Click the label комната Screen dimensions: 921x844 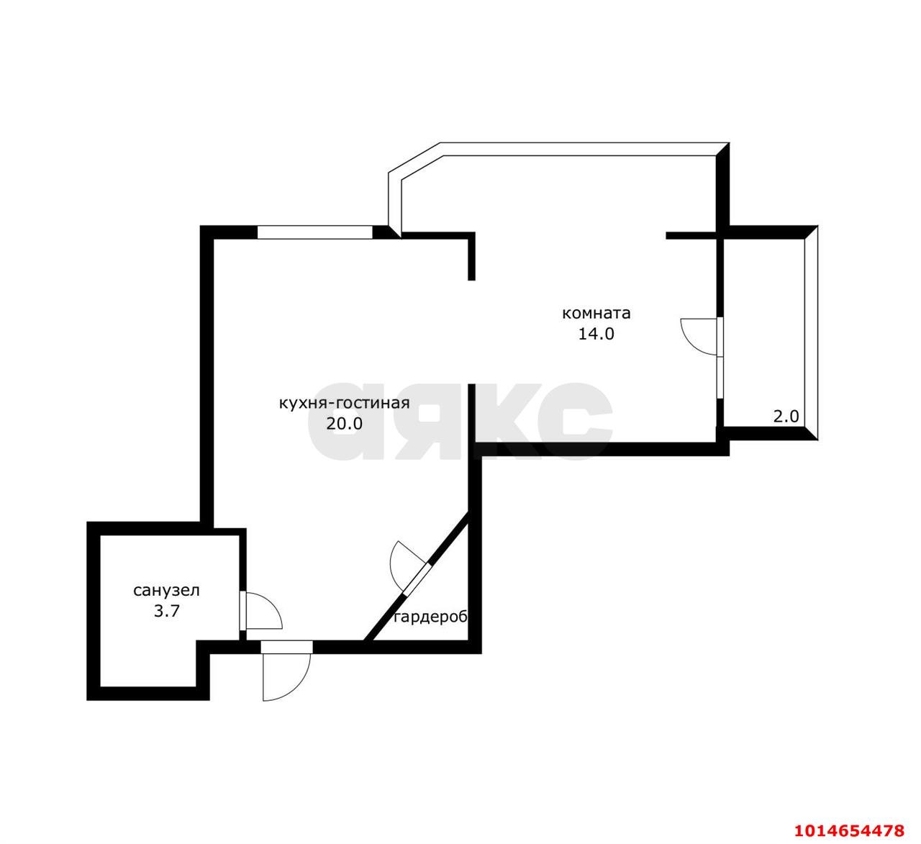coord(596,314)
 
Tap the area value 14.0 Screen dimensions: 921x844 coord(596,334)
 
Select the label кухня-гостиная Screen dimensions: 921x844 coord(345,403)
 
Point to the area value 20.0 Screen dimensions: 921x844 coord(345,423)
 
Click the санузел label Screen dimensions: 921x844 coord(166,591)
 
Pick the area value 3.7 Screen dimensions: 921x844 coord(166,611)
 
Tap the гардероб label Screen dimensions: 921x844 coord(431,618)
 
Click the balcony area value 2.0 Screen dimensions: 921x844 coord(786,417)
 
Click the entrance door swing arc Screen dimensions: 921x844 coord(299,684)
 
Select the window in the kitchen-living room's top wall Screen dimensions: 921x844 coord(314,232)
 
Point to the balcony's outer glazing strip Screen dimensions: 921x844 coord(811,332)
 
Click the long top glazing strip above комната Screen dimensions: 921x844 coord(583,149)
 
